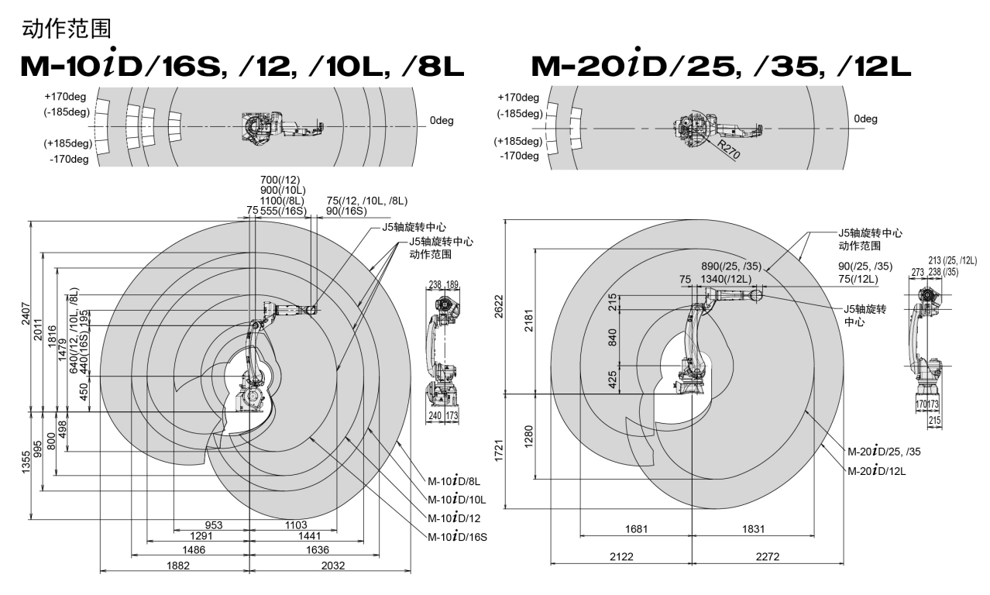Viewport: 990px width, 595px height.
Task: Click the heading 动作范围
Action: coord(67,29)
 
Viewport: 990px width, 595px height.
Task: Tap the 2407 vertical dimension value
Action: coord(26,314)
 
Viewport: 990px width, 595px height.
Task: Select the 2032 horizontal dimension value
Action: coord(333,566)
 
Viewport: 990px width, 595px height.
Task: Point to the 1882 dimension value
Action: coord(177,566)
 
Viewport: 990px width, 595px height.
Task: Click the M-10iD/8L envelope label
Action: coord(453,481)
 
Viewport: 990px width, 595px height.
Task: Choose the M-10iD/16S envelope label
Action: coord(457,537)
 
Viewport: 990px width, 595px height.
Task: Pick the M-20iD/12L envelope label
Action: coord(876,471)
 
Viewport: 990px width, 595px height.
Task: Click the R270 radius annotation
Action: coord(728,150)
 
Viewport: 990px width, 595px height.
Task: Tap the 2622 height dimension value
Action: coord(499,306)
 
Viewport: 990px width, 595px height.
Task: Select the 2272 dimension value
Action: coord(767,556)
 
